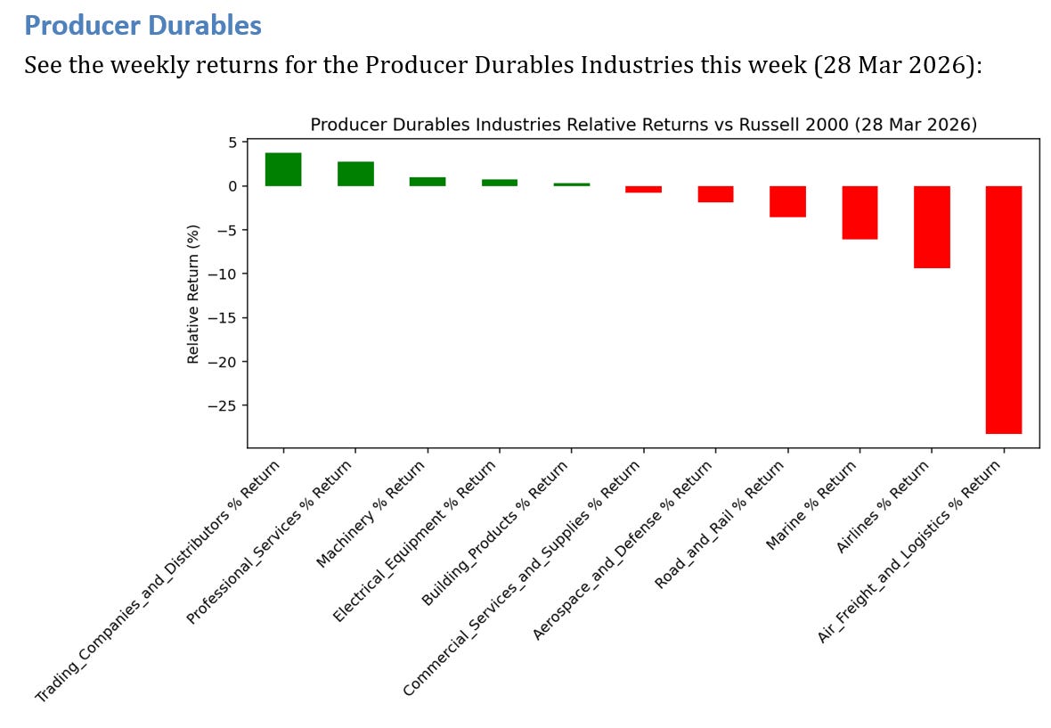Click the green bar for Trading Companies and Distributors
click(x=283, y=169)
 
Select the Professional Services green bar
click(x=356, y=174)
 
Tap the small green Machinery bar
click(x=428, y=182)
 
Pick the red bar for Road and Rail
click(x=787, y=201)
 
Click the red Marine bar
click(x=860, y=212)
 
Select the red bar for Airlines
click(x=932, y=226)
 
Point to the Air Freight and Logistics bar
click(x=1004, y=310)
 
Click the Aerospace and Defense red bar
click(x=716, y=193)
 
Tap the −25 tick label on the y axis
click(x=223, y=405)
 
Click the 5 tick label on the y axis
click(x=233, y=142)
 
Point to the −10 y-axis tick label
click(x=223, y=274)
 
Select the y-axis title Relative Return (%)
click(x=193, y=294)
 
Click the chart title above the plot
click(x=643, y=124)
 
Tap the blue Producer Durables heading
click(x=143, y=26)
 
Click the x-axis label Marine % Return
click(x=811, y=505)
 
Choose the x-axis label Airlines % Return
click(x=883, y=507)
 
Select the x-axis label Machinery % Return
click(x=371, y=513)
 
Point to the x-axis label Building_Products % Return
click(x=495, y=533)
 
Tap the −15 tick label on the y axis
click(x=223, y=318)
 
